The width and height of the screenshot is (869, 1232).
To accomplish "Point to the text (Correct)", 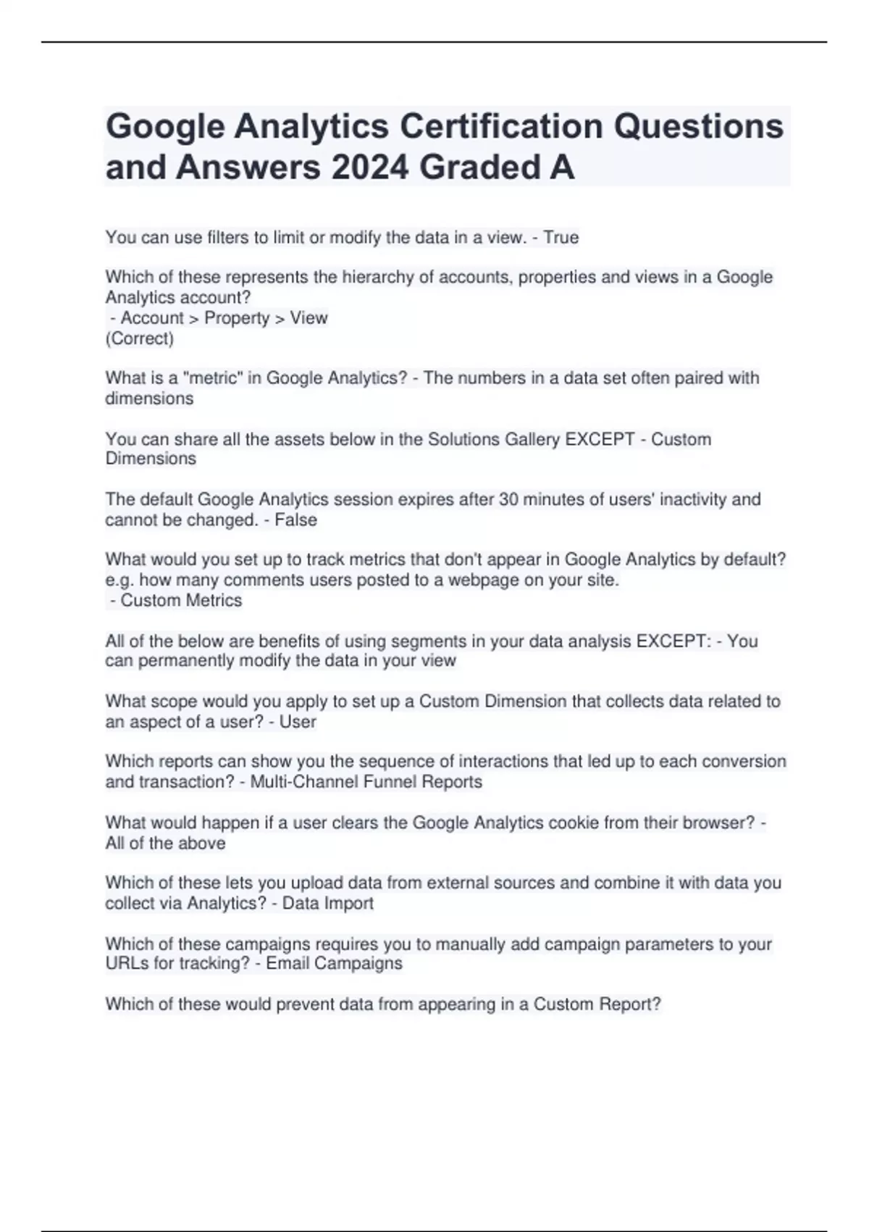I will click(x=140, y=338).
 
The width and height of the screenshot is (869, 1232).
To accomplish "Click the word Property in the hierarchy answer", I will click(x=237, y=318).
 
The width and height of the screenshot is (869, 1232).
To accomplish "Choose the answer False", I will click(x=295, y=520).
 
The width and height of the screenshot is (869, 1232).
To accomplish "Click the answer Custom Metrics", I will click(x=181, y=601).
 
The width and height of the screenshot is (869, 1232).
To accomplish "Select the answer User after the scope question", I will click(x=298, y=722).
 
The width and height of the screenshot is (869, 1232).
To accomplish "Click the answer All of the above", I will click(x=165, y=844).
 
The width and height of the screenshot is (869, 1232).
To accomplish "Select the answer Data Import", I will click(x=327, y=904).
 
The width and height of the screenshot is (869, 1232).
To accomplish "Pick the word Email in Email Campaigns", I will click(x=287, y=964).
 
